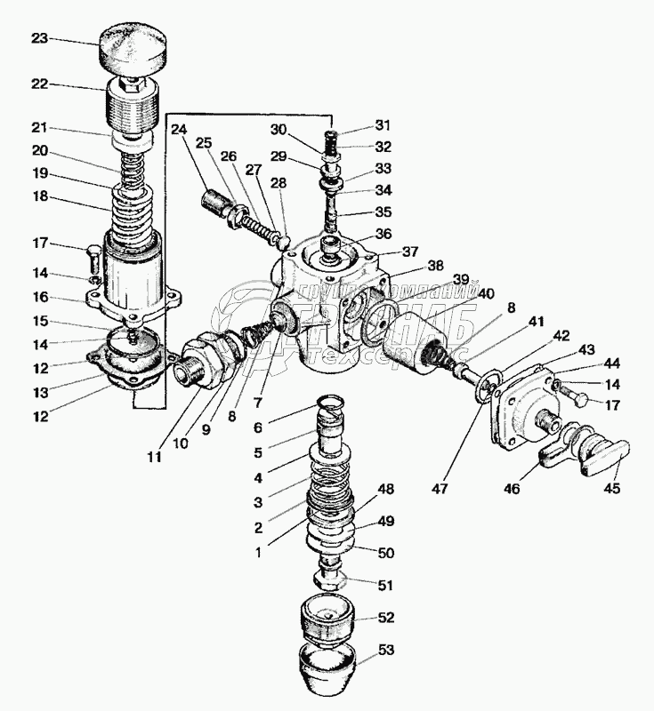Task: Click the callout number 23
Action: tap(39, 38)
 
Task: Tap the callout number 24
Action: tap(179, 128)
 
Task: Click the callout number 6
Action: tap(258, 427)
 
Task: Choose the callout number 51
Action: tap(387, 585)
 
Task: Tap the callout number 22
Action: tap(39, 85)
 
